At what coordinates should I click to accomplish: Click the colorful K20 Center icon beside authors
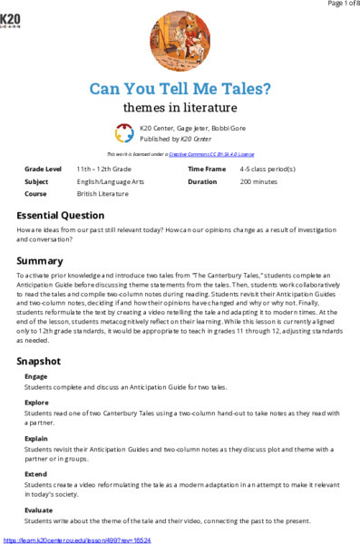pyautogui.click(x=124, y=134)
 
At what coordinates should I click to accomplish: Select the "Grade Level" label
pyautogui.click(x=44, y=170)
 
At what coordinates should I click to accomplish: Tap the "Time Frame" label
pyautogui.click(x=207, y=170)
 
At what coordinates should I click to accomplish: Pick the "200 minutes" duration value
pyautogui.click(x=259, y=181)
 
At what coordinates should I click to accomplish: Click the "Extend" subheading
pyautogui.click(x=35, y=460)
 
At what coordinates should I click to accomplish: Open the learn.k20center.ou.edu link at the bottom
pyautogui.click(x=77, y=539)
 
